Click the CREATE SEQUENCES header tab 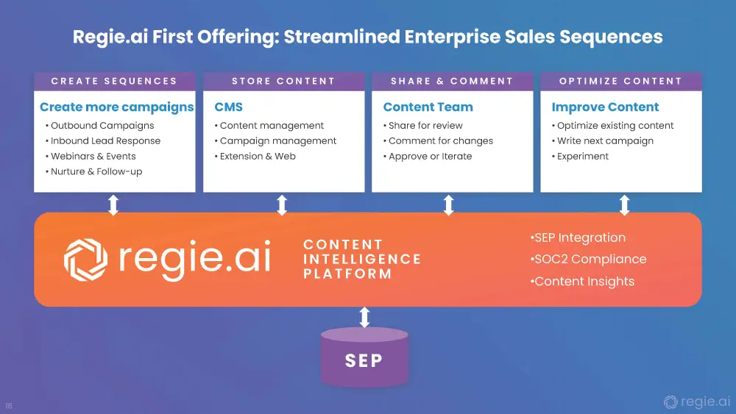click(115, 81)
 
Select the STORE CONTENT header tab click(283, 81)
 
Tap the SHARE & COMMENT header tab click(452, 81)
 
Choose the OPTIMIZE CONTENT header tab click(621, 81)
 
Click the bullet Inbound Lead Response click(103, 140)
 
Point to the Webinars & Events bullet click(91, 156)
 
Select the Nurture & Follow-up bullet click(94, 171)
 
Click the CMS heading click(229, 107)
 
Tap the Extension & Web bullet click(255, 156)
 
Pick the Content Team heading click(428, 107)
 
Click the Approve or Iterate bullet click(428, 156)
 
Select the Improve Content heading click(606, 107)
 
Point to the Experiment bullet click(581, 157)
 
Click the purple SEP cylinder click(364, 357)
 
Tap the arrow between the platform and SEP click(364, 317)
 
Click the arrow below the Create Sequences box click(113, 205)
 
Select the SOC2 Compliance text click(589, 259)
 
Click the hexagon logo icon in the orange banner click(85, 260)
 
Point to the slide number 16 click(9, 406)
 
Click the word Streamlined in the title click(342, 37)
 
